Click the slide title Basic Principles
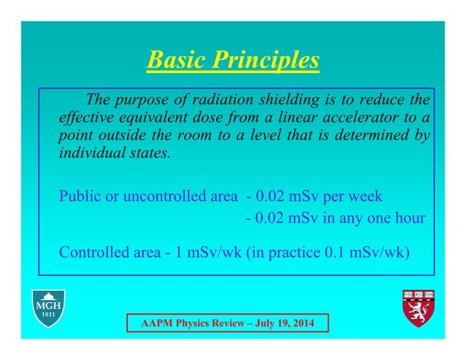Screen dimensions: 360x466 (233, 60)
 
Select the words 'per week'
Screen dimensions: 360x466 (354, 196)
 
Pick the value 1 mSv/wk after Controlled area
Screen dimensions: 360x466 (194, 253)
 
